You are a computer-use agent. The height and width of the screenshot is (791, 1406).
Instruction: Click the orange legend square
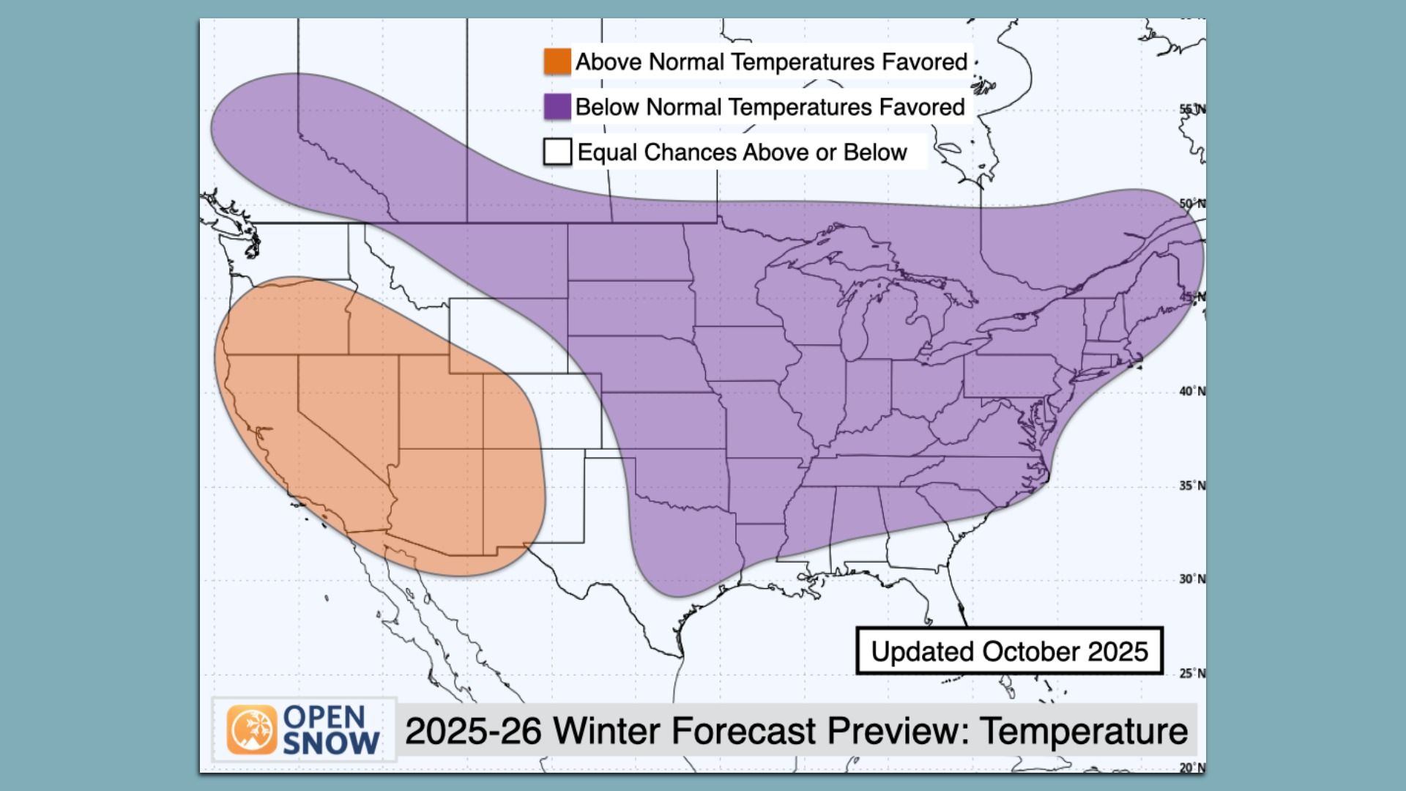click(x=557, y=62)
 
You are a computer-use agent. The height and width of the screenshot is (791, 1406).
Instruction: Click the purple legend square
click(x=557, y=107)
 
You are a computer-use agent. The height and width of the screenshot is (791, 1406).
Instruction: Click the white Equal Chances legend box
click(x=557, y=152)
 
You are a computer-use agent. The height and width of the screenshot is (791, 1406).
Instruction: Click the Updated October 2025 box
click(x=1009, y=651)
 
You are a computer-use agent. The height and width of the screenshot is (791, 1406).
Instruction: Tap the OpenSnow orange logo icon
click(x=252, y=730)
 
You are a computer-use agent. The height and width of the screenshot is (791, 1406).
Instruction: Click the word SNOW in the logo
click(x=331, y=743)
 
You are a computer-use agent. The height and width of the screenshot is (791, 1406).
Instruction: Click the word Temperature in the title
click(x=1084, y=730)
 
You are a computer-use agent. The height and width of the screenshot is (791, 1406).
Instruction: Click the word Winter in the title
click(x=611, y=730)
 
